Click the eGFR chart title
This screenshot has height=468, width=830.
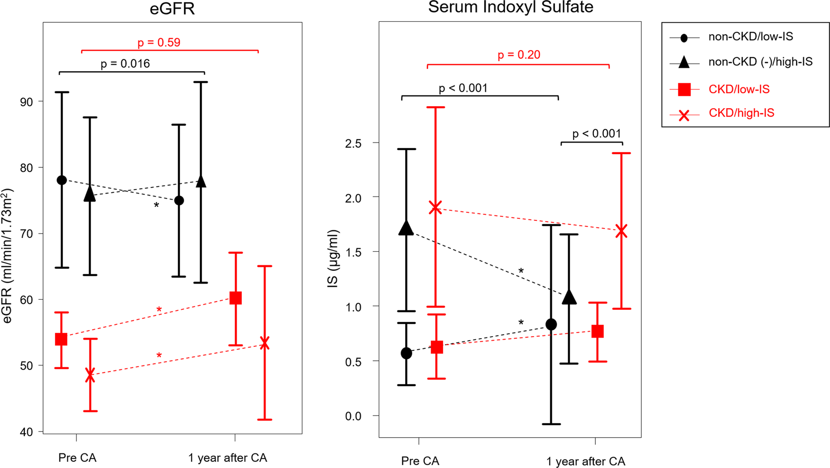click(x=172, y=9)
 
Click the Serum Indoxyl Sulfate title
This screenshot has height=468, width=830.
click(x=510, y=7)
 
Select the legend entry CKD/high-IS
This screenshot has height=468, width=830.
click(x=741, y=113)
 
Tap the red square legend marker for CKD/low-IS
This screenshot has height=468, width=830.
click(x=684, y=89)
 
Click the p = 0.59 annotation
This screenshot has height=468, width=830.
click(x=159, y=42)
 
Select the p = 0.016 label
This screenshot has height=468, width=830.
click(x=125, y=64)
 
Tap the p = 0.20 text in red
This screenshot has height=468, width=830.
click(x=518, y=55)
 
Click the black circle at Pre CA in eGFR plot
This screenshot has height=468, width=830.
click(x=62, y=180)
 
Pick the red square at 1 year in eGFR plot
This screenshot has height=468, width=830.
click(x=235, y=298)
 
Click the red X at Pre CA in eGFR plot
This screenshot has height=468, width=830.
click(x=90, y=375)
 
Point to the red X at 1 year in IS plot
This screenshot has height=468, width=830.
click(x=621, y=231)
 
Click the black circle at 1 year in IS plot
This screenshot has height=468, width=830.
click(x=551, y=324)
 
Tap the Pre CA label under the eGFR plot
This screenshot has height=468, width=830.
click(x=77, y=458)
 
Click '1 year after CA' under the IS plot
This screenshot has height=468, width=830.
click(x=585, y=461)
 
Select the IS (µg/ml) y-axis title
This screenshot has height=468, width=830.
click(x=333, y=259)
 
